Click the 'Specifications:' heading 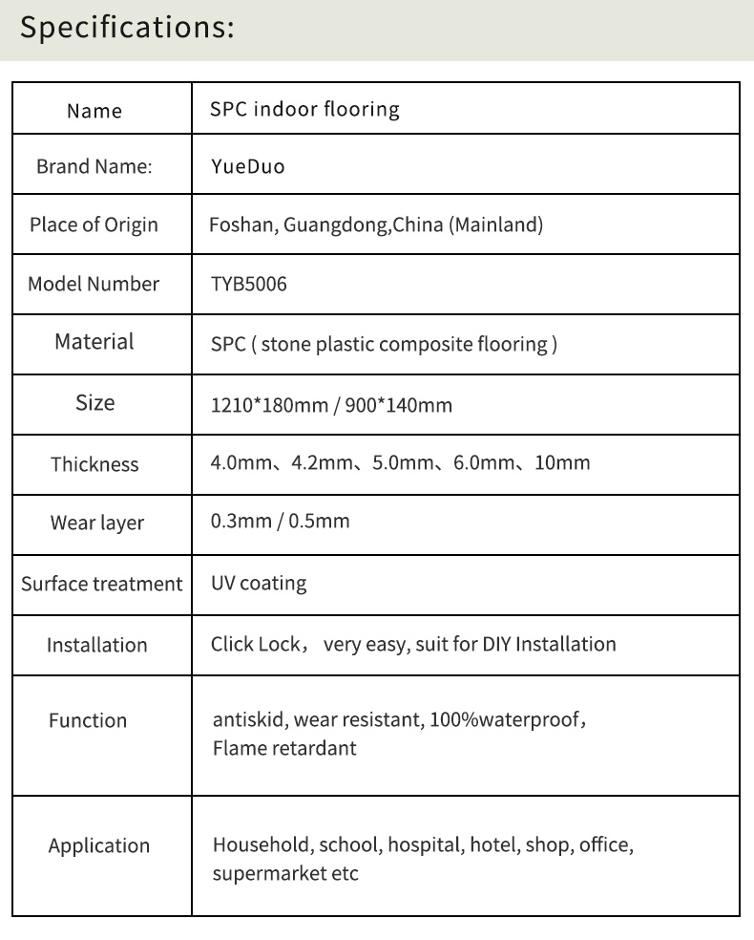point(127,28)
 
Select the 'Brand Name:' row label point(94,166)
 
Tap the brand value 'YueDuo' point(247,167)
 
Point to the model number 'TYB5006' point(248,284)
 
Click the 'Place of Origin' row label point(94,225)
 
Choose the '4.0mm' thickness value point(239,463)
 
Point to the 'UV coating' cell point(259,583)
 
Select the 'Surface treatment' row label point(101,584)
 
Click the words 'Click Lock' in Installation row point(255,644)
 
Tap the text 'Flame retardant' point(284,748)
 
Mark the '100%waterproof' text point(503,719)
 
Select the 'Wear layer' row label point(96,523)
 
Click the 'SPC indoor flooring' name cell point(304,109)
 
